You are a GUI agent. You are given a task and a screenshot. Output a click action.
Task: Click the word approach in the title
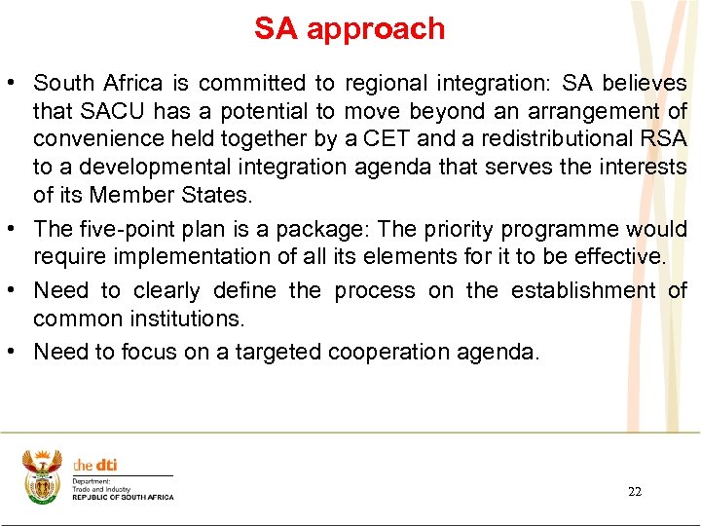376,29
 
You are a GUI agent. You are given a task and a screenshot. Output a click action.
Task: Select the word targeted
287,352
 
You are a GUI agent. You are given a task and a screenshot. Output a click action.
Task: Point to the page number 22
635,492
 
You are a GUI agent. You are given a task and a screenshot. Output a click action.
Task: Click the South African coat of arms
41,476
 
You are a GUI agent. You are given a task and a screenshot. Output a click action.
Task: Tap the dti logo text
95,466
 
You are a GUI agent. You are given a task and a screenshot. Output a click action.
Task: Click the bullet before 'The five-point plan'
17,230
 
